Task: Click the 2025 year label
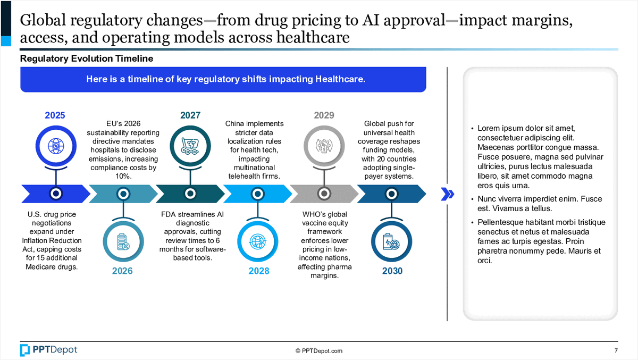point(55,115)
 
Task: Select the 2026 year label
point(122,271)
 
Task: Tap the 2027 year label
point(190,115)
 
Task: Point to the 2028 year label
point(259,271)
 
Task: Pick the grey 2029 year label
point(324,115)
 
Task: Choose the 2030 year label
point(392,271)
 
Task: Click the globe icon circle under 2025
point(55,145)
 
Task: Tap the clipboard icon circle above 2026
point(123,242)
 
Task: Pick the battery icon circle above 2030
point(391,242)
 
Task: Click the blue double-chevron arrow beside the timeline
point(448,194)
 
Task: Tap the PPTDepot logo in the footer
point(48,349)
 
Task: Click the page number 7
point(616,350)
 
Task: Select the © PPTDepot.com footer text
point(319,350)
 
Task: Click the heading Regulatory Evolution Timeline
point(87,58)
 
